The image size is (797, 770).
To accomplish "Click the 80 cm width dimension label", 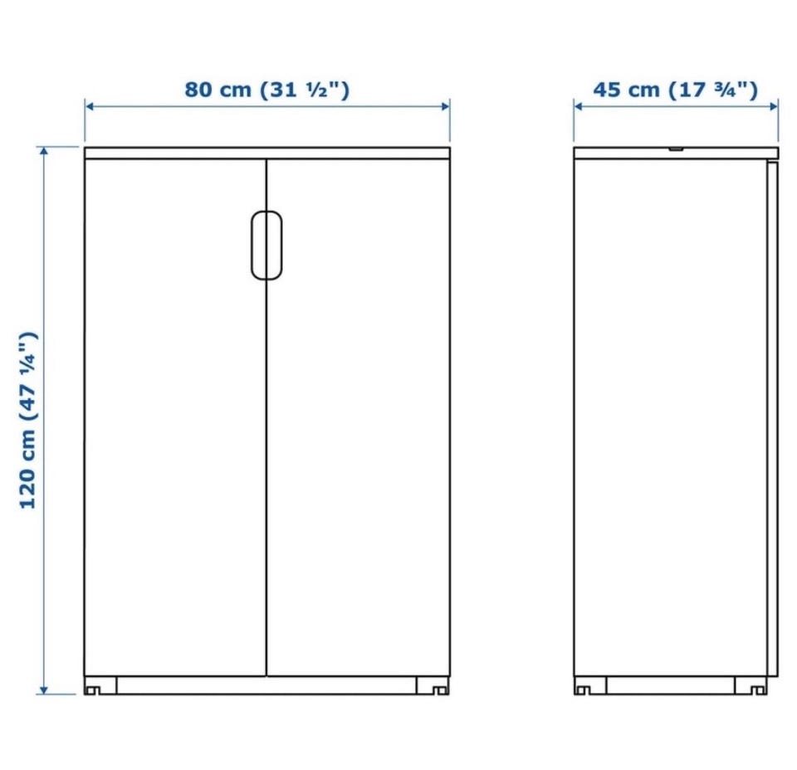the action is click(266, 90).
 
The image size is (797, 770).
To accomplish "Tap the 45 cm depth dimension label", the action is click(676, 90).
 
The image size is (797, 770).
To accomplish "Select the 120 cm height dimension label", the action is click(28, 420).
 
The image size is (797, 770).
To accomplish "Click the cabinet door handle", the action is click(266, 246).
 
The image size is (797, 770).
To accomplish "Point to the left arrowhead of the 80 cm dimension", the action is click(90, 106).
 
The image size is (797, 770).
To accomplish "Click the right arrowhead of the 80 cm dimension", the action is click(445, 106).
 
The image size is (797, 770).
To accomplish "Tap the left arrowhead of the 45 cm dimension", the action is click(579, 106).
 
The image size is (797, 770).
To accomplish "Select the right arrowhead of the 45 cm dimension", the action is click(774, 106).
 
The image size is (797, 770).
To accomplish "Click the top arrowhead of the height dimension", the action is click(44, 151).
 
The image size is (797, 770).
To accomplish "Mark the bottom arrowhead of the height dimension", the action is click(44, 690).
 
